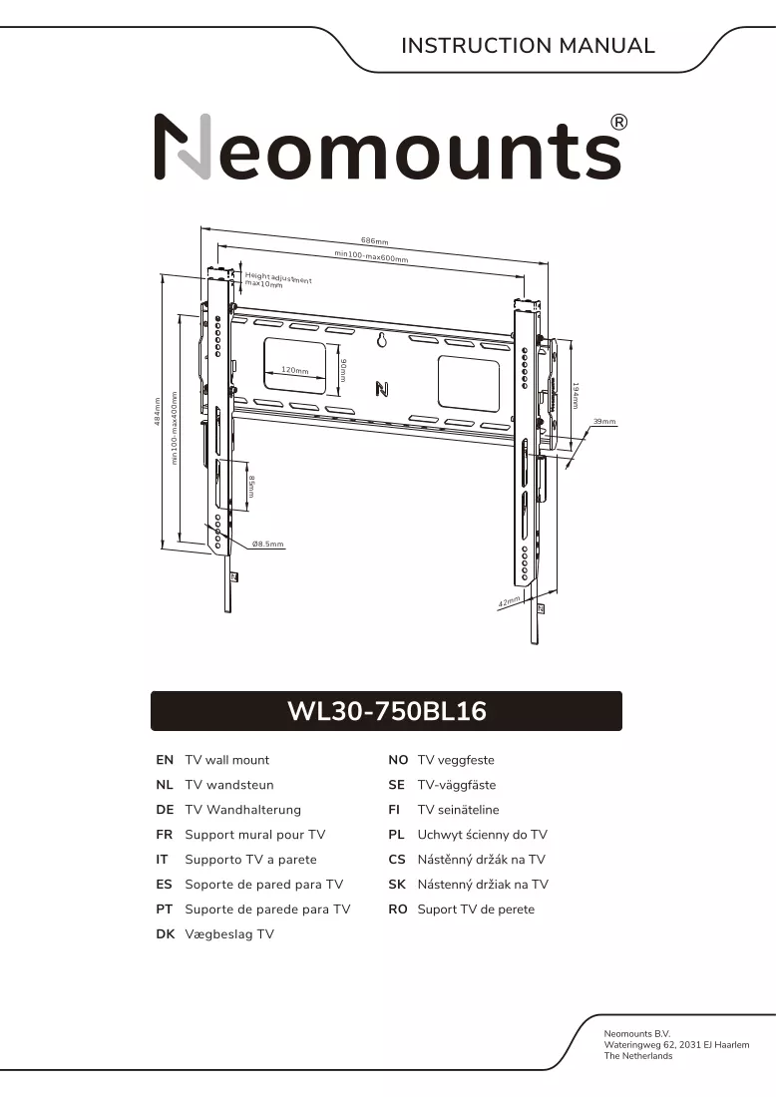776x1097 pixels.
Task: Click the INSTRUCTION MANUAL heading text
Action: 528,46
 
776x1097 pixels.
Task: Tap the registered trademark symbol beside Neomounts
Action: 619,123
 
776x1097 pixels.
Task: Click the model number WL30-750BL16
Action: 387,711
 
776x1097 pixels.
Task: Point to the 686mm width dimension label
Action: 374,241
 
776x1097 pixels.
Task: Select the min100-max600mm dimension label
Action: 371,256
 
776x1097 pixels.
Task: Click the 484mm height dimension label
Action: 158,411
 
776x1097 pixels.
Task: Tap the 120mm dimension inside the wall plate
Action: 294,370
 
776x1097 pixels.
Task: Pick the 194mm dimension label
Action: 576,395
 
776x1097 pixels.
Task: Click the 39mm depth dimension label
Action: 604,421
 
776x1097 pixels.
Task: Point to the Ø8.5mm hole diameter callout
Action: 268,544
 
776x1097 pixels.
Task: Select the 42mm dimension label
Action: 510,601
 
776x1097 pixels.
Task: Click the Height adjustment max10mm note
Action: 278,280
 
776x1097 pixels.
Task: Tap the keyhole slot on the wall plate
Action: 382,340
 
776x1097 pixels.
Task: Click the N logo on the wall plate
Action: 382,389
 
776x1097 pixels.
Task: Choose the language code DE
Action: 165,810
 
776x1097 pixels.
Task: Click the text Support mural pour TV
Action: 254,835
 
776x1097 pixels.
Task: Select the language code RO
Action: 397,910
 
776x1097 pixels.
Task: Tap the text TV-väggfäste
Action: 456,785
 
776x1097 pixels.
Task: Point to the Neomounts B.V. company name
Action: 636,1033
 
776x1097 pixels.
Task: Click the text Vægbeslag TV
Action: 229,934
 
